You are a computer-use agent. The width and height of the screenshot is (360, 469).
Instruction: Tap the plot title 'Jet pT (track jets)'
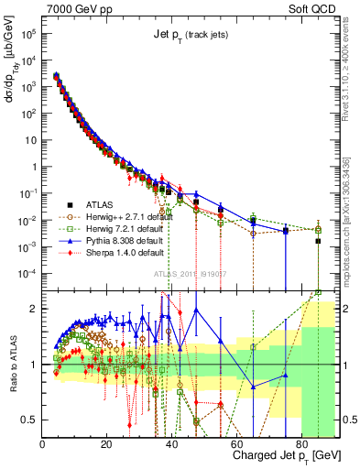click(x=190, y=35)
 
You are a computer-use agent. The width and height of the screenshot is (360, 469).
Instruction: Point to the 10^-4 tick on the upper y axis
click(x=27, y=273)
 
